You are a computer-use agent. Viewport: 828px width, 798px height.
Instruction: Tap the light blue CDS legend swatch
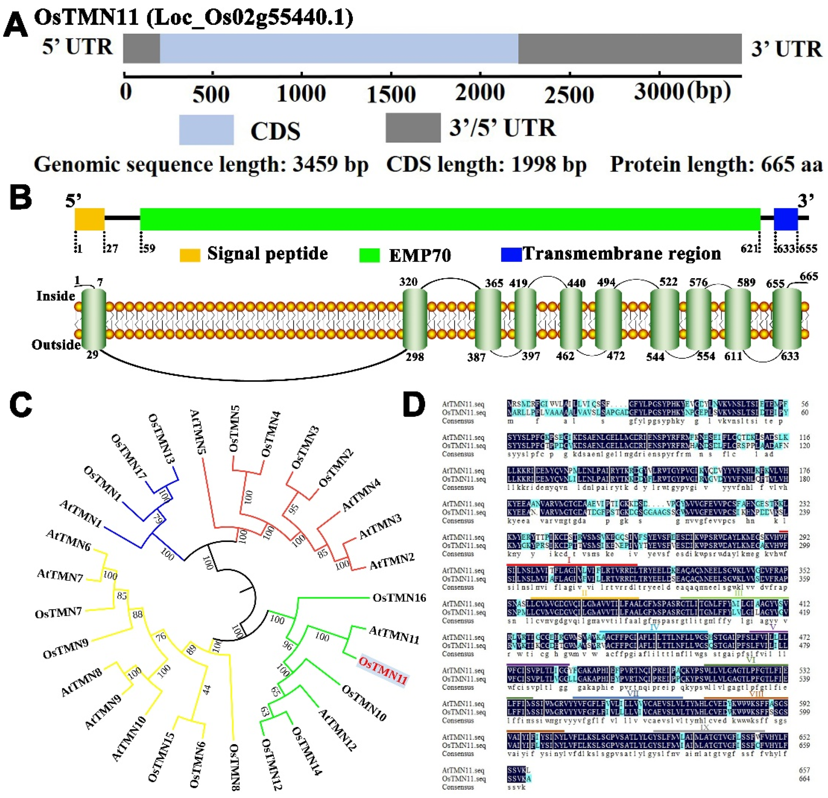tap(206, 130)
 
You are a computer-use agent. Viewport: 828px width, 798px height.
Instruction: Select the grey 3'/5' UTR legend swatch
tap(413, 128)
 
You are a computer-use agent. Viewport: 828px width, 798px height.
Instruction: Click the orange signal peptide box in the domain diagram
tap(90, 219)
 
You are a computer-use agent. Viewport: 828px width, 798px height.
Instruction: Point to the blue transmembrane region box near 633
tap(785, 219)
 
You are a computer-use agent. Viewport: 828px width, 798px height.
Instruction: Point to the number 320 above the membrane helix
tap(408, 282)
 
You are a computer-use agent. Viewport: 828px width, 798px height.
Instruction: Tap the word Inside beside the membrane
tap(55, 296)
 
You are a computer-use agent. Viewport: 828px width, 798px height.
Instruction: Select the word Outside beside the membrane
tap(56, 345)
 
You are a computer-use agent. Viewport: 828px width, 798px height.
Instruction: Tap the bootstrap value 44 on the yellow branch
tap(206, 690)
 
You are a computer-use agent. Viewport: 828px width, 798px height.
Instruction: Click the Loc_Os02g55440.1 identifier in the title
tap(249, 18)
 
